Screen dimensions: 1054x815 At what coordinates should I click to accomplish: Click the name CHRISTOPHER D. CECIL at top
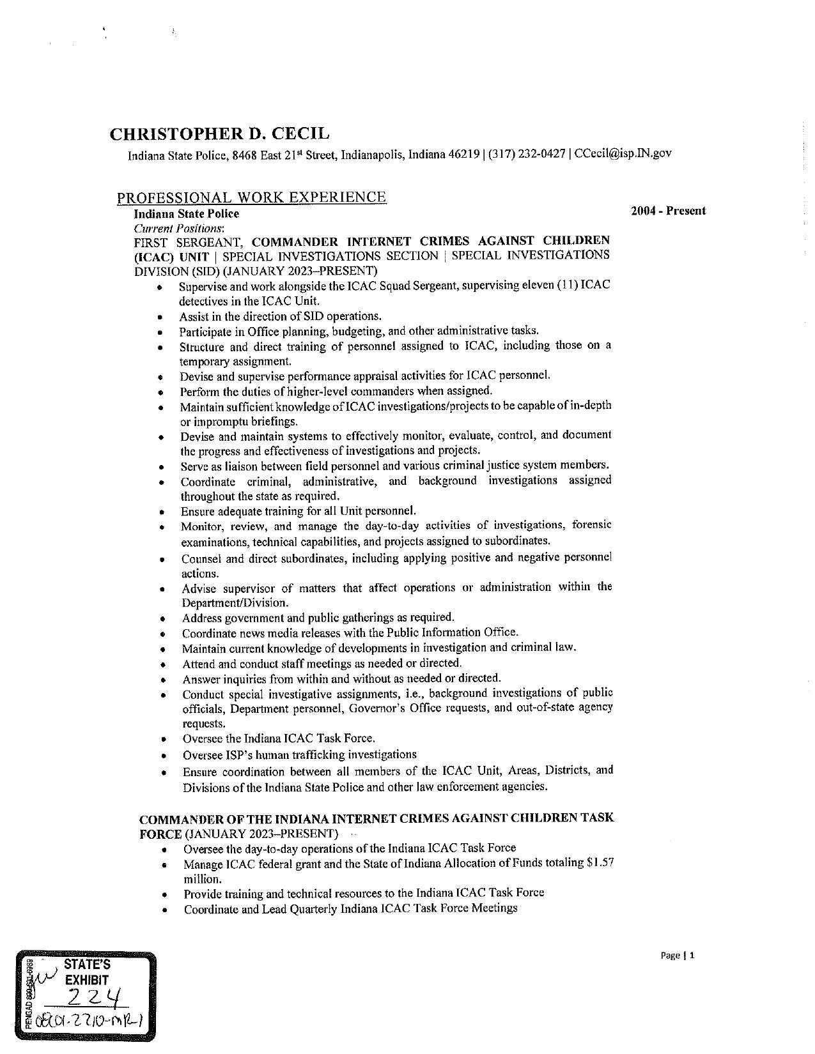pos(220,134)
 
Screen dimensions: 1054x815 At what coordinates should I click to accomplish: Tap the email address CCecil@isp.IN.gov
pos(623,153)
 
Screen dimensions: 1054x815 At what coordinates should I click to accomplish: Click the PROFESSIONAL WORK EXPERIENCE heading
pos(251,197)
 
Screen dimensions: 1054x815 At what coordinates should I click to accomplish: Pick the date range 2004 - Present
pos(668,211)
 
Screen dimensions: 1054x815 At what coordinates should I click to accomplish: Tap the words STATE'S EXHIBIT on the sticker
pos(86,972)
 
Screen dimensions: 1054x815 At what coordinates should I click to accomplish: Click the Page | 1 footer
pos(677,956)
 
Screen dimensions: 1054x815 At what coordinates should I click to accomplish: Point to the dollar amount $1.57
pos(600,863)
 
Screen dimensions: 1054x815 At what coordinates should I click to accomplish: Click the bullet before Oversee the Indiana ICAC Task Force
pos(165,740)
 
